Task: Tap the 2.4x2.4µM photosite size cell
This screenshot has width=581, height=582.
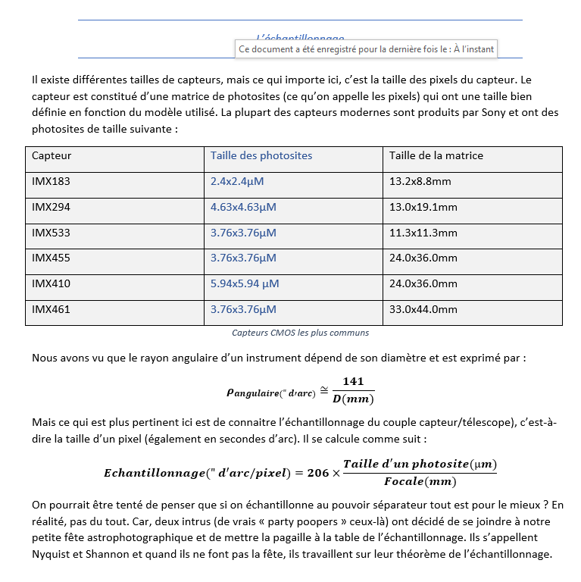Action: point(237,182)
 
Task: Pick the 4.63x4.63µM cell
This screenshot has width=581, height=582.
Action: point(243,207)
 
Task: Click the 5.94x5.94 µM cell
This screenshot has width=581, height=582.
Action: point(245,283)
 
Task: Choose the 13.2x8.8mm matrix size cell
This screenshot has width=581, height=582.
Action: point(420,182)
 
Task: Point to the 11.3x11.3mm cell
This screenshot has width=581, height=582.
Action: point(423,233)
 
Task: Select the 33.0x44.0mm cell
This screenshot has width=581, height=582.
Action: point(423,309)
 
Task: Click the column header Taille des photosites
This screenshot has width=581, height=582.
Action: point(261,156)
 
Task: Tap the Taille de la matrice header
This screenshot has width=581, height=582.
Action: point(436,156)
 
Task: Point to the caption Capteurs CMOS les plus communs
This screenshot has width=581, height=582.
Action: point(300,333)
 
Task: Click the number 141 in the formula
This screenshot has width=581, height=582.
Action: point(354,382)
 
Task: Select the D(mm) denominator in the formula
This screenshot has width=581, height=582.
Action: point(354,399)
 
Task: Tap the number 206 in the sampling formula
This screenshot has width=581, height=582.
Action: point(318,473)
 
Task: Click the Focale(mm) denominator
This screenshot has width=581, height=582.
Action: point(420,482)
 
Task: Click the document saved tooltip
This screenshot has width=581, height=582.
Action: point(367,49)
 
